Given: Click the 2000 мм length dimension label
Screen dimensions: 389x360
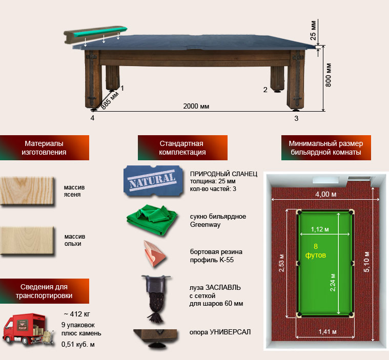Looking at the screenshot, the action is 196,107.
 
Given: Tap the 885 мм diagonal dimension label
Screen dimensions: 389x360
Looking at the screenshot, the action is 110,100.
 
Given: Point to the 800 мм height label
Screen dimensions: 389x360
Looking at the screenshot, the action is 328,75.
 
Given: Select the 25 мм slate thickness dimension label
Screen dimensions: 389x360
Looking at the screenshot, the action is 313,30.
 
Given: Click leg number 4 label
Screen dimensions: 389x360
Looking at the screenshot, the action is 92,118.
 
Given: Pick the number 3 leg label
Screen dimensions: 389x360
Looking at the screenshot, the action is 296,118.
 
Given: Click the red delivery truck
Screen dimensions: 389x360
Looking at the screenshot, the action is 28,329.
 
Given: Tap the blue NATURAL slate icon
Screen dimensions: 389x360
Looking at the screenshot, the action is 153,181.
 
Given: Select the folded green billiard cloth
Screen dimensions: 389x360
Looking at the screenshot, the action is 152,219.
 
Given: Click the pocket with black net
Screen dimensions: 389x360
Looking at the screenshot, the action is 155,298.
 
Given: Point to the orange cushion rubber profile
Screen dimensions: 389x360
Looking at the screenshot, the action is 154,253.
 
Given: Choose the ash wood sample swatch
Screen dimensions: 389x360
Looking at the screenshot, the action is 27,190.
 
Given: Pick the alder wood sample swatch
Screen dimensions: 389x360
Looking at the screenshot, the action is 27,241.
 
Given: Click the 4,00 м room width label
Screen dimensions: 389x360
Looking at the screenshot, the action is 326,194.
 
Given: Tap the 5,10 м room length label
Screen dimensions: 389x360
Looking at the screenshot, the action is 366,262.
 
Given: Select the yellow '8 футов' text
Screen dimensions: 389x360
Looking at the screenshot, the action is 316,250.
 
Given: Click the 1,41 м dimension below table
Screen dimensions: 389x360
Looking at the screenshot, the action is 327,331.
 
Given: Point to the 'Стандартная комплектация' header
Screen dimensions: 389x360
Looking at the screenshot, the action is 182,148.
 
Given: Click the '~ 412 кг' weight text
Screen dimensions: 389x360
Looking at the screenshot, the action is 77,314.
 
